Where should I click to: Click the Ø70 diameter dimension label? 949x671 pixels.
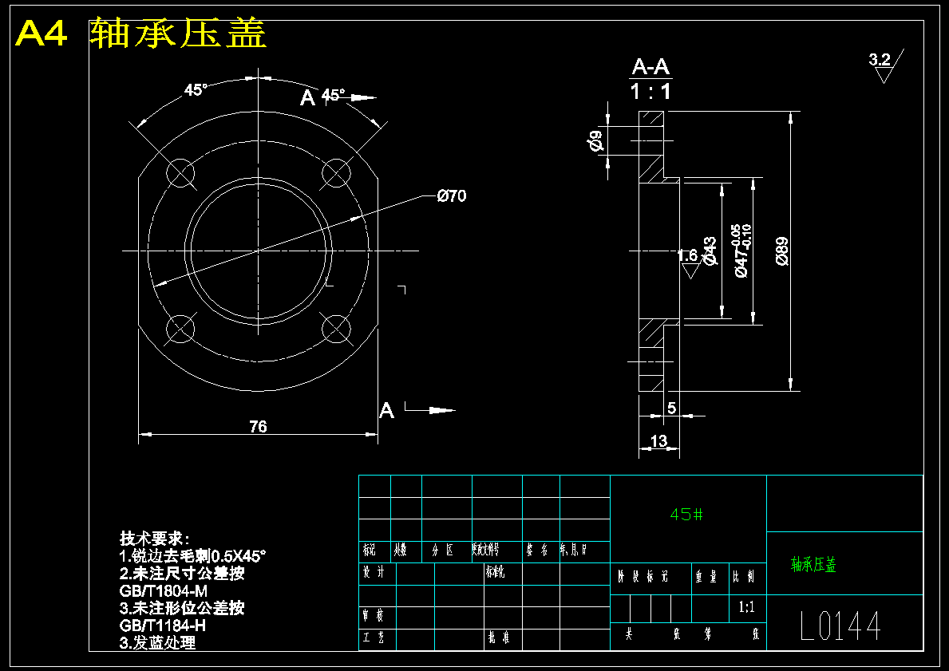point(451,196)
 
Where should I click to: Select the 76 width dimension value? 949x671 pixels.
point(258,427)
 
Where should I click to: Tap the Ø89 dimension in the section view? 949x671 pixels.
point(781,251)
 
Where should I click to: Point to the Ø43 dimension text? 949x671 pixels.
point(710,251)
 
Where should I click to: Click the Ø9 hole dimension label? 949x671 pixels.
point(595,142)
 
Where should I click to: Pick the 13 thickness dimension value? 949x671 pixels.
point(659,441)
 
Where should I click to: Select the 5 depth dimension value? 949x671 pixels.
point(671,409)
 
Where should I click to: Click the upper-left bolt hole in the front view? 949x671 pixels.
point(181,173)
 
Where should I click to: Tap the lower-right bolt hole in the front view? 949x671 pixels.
point(336,328)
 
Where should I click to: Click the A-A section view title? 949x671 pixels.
point(650,67)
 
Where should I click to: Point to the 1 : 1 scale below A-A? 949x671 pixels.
point(650,92)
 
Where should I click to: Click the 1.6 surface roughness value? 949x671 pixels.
point(687,255)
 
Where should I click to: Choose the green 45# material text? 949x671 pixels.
point(686,515)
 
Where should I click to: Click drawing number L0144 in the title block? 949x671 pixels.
point(840,627)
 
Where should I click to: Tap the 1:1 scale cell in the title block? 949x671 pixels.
point(747,607)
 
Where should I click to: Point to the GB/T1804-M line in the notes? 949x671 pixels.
point(163,590)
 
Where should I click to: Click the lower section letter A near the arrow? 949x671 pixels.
point(386,411)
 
